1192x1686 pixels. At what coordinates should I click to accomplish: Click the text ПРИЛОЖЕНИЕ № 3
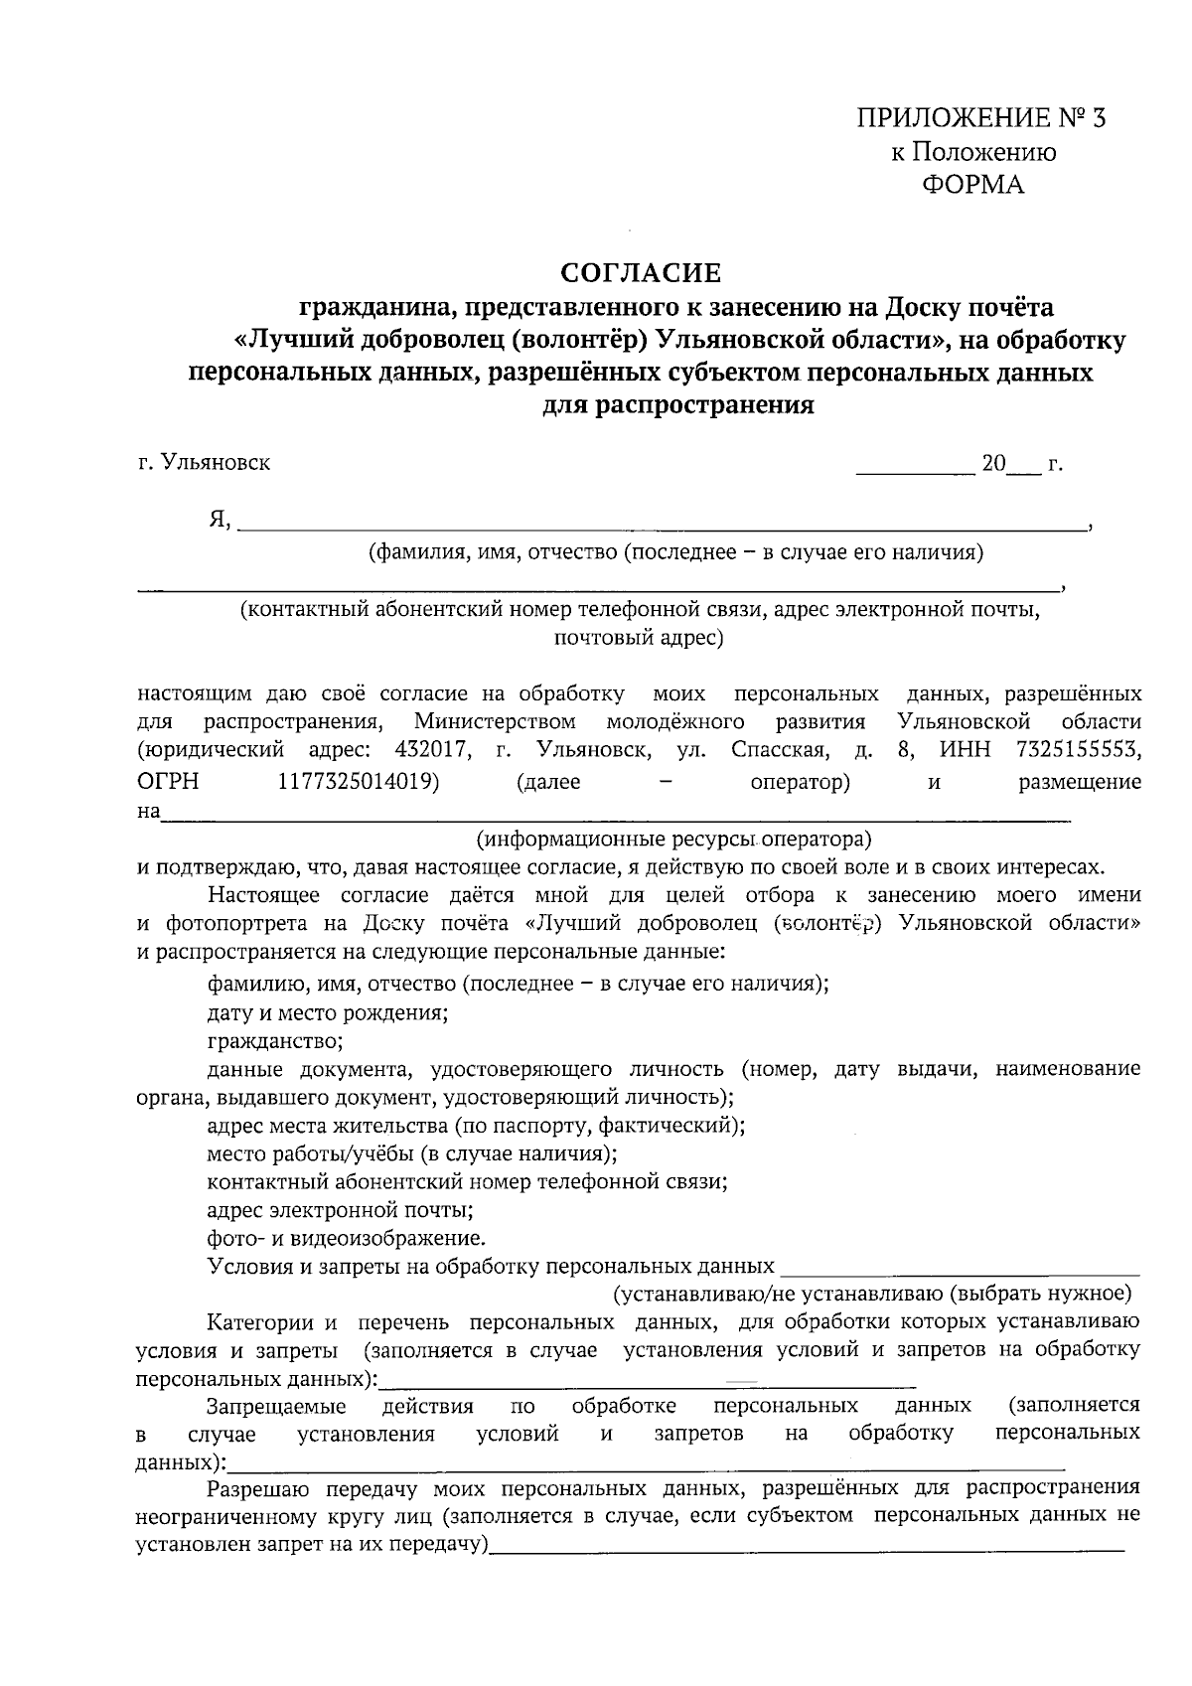[980, 119]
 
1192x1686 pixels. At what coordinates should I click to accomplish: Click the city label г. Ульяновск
[204, 463]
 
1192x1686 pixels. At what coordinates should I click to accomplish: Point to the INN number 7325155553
[1079, 749]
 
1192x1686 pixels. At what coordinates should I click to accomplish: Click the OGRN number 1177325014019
[359, 782]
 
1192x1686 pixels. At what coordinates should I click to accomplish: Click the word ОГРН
[167, 782]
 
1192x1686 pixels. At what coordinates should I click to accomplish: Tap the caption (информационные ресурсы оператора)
[673, 840]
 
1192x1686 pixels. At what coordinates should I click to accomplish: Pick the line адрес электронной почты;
[339, 1210]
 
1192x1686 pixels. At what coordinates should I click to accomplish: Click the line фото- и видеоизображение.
[346, 1238]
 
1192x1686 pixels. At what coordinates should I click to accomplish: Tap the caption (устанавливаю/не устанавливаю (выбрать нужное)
[871, 1294]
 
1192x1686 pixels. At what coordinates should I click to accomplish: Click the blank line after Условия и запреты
[960, 1268]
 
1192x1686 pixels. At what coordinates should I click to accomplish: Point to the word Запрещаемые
[276, 1406]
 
